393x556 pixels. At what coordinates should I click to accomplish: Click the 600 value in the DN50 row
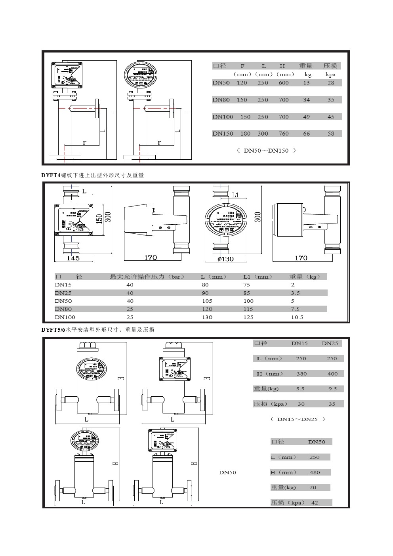pos(284,83)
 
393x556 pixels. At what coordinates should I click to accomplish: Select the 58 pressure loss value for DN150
pos(331,134)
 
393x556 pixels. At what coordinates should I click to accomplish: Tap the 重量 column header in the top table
pos(306,66)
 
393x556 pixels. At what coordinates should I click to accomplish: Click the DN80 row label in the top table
pos(221,100)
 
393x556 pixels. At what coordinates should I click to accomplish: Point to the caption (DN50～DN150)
pos(266,151)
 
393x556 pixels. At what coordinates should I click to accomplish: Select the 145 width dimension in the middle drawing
pos(73,258)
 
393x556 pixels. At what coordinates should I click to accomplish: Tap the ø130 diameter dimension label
pos(225,259)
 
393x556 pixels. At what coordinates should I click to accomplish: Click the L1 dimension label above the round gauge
pos(235,195)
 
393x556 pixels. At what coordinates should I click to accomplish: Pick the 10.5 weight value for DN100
pos(297,317)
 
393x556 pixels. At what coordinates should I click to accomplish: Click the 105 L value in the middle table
pos(207,301)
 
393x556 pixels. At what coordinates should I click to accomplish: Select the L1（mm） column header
pos(258,277)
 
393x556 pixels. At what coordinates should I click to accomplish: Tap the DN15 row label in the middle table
pos(63,285)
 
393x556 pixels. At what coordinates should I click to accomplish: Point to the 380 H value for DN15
pos(301,374)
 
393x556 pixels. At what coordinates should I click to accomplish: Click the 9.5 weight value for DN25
pos(332,389)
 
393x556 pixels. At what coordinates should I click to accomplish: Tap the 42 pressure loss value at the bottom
pos(315,503)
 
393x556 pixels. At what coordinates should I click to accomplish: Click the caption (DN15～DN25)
pos(298,419)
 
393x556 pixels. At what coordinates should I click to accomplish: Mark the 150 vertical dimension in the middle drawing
pos(99,218)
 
